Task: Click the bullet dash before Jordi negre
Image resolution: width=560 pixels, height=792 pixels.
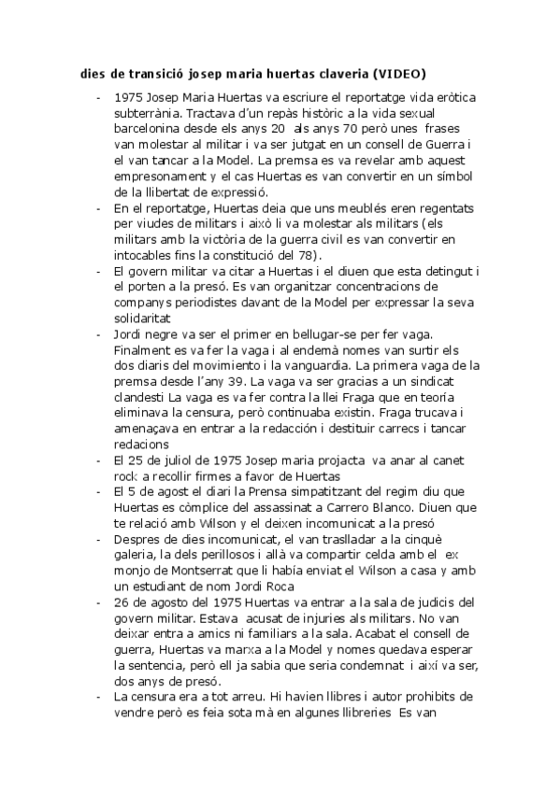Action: tap(99, 333)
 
